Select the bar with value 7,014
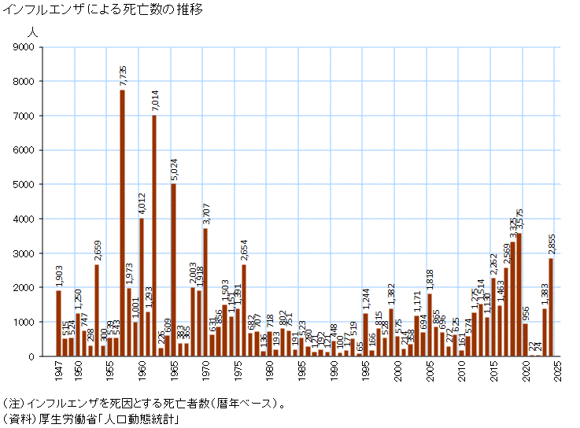(x=154, y=235)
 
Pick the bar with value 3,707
(x=205, y=292)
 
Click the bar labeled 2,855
(x=551, y=307)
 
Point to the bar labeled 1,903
(x=58, y=323)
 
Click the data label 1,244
(x=366, y=300)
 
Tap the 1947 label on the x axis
(x=58, y=371)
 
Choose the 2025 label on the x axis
(x=557, y=371)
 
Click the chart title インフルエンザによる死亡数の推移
(x=103, y=10)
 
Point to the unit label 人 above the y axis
(x=31, y=32)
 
